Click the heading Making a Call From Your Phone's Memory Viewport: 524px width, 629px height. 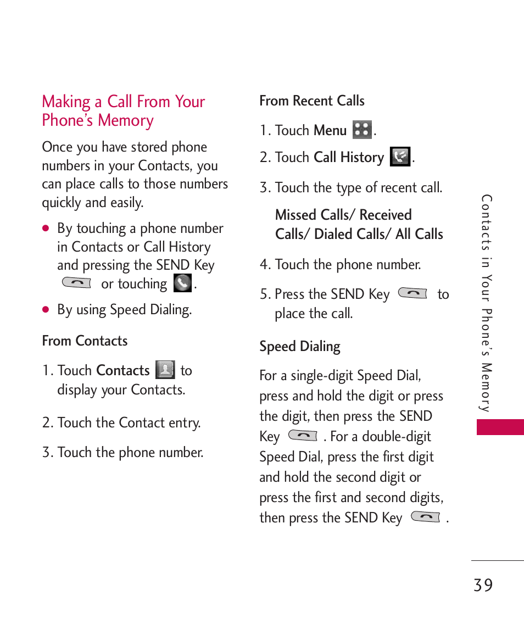pos(124,111)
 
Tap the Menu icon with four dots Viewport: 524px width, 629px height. pos(362,130)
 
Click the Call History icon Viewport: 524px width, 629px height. pos(400,157)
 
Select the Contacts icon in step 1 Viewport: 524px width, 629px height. pos(165,370)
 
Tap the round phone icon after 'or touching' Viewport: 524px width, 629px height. pos(182,283)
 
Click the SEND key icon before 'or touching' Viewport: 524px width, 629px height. pos(77,283)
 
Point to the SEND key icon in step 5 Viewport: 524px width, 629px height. pos(412,294)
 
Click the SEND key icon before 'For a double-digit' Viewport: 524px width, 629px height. pos(303,436)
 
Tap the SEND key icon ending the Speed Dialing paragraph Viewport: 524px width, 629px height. pos(426,517)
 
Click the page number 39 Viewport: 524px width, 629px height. pos(483,586)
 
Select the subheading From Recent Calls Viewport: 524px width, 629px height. pos(311,101)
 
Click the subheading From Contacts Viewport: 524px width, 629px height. pos(85,341)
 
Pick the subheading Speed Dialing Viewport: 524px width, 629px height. pos(299,347)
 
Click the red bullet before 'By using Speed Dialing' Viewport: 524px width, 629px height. pos(46,310)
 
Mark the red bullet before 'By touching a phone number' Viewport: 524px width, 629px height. pos(46,229)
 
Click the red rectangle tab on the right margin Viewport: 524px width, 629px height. pos(500,427)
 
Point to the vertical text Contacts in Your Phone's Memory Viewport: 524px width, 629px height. pos(486,303)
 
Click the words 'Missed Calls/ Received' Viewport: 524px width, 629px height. pos(343,215)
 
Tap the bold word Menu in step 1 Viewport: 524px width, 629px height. pos(330,131)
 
